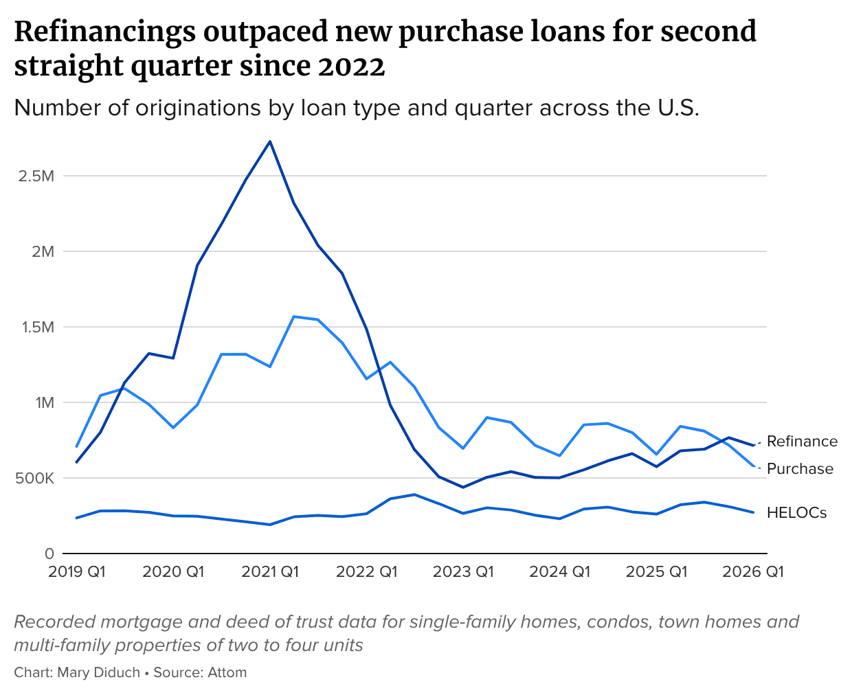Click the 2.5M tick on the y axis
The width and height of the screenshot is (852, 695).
click(x=36, y=176)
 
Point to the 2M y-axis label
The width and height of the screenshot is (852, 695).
click(x=43, y=251)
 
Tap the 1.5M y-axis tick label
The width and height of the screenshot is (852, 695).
click(x=38, y=327)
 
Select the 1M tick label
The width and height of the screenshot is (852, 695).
click(x=45, y=402)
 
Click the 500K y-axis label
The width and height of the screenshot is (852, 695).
click(x=35, y=478)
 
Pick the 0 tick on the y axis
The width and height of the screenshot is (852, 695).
click(x=49, y=554)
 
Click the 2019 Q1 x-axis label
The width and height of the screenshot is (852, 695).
click(x=77, y=572)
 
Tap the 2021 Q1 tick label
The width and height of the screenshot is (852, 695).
click(x=270, y=572)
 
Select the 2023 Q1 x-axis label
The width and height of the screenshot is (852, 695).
click(x=463, y=572)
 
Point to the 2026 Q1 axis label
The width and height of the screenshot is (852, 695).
click(x=753, y=572)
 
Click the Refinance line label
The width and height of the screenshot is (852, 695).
click(x=802, y=442)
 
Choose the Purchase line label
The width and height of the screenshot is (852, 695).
click(x=800, y=469)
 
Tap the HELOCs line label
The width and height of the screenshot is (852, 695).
click(x=796, y=513)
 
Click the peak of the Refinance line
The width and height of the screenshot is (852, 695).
click(x=270, y=141)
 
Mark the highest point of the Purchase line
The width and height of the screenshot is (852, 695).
click(x=294, y=317)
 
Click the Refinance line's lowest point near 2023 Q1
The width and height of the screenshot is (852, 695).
click(x=463, y=488)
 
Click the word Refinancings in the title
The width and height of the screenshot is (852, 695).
click(x=105, y=32)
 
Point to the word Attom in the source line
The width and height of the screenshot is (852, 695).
click(x=227, y=672)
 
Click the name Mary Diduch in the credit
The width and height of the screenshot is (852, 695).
click(x=98, y=672)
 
